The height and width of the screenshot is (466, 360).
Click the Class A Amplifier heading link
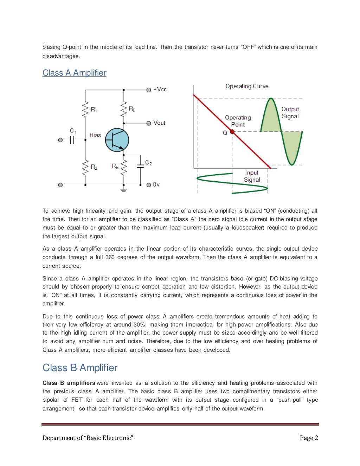(74, 73)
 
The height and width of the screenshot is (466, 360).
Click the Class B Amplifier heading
(80, 368)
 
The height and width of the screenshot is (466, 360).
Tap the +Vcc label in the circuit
(160, 89)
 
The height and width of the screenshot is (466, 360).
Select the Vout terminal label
(159, 123)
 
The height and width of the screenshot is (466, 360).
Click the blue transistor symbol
(117, 140)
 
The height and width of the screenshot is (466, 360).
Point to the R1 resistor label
(94, 110)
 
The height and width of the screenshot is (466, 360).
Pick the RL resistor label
(132, 109)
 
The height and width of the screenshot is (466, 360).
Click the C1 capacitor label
(73, 131)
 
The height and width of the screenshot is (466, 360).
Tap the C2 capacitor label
(148, 163)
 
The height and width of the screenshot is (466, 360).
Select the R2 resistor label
(94, 167)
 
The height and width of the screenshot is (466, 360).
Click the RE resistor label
(115, 166)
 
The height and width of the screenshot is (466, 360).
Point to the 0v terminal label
(156, 185)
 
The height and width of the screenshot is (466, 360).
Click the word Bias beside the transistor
(95, 135)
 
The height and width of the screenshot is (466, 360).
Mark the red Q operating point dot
(232, 132)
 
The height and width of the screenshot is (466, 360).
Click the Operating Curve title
(247, 86)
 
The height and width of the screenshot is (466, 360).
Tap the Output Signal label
(290, 113)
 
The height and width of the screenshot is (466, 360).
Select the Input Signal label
(252, 176)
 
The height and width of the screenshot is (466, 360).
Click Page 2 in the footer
(309, 438)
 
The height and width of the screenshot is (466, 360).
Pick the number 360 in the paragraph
(110, 257)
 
